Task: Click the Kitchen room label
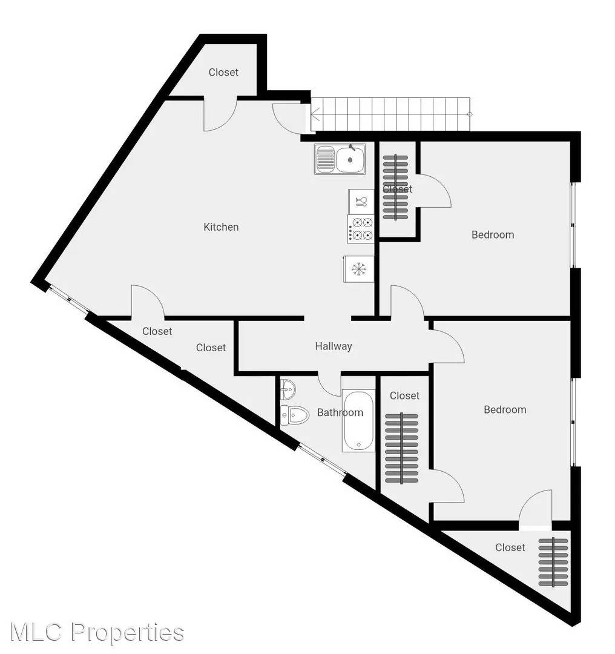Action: [221, 227]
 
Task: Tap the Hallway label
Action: [334, 346]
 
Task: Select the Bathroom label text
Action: [340, 412]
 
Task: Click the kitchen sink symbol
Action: [340, 159]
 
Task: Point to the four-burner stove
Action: [361, 229]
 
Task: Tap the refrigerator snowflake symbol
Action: [358, 269]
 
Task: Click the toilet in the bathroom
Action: [294, 415]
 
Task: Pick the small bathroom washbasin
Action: [288, 389]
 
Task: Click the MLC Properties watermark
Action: [97, 632]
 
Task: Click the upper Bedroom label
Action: [493, 235]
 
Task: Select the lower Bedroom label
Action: [505, 409]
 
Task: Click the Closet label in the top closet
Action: [223, 72]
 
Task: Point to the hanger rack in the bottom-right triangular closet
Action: [553, 562]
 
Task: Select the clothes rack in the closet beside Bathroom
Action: [401, 448]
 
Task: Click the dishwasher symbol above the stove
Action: [361, 202]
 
